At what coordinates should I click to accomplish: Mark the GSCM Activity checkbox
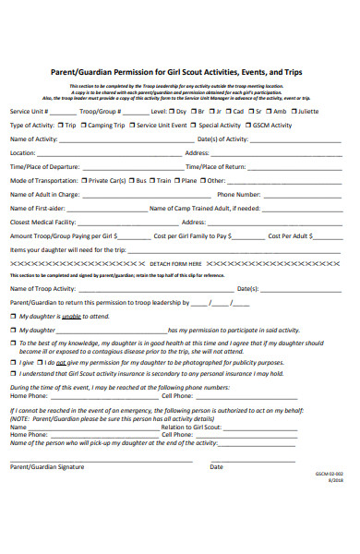point(248,125)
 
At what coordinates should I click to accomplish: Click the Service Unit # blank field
point(61,112)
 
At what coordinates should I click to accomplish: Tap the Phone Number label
point(239,194)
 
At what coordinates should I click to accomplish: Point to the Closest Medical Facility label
point(42,222)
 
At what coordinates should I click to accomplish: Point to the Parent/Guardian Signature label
point(46,467)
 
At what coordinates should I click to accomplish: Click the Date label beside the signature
point(216,467)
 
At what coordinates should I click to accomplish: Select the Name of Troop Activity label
point(42,289)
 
